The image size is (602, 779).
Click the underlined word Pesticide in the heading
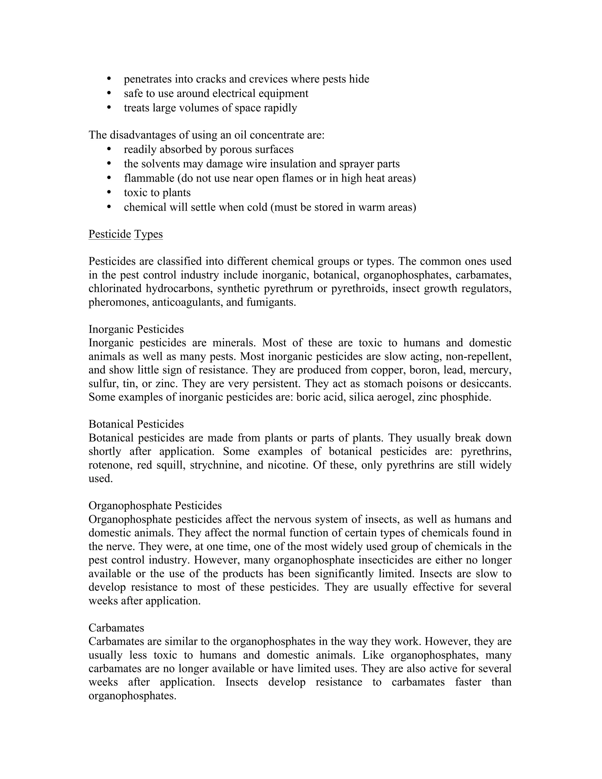109,234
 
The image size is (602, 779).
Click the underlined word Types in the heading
148,234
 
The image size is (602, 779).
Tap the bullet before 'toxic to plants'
109,192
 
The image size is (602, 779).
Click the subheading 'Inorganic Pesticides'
136,329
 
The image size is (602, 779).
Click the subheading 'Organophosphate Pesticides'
155,505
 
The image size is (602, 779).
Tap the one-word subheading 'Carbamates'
116,628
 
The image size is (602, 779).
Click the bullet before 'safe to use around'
109,93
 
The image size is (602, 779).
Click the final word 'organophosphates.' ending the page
132,696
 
